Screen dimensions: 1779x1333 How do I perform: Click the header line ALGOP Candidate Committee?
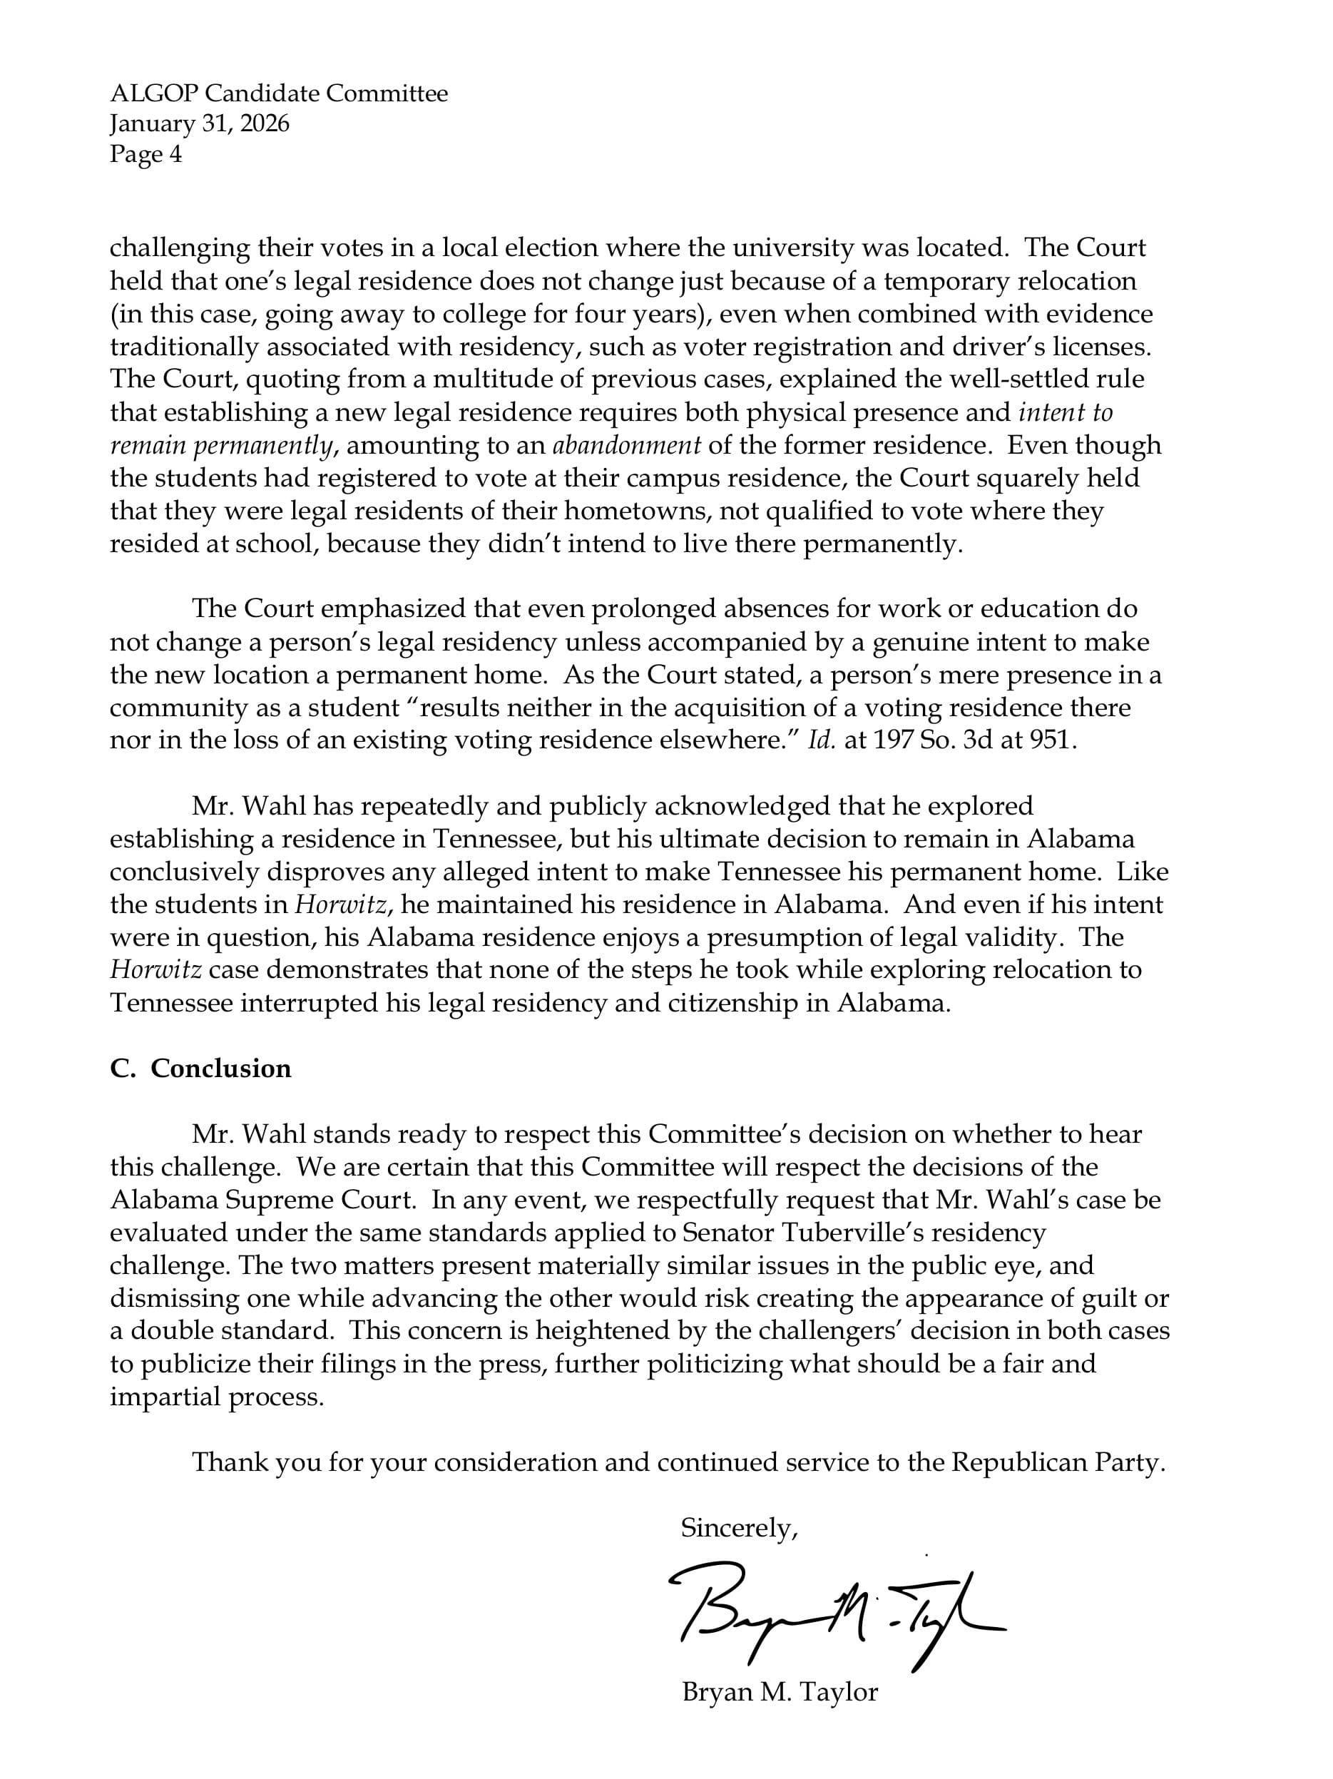(278, 94)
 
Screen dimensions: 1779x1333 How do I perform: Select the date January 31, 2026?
(200, 124)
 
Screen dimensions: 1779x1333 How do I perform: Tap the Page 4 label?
(145, 153)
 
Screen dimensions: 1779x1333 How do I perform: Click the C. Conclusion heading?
(200, 1068)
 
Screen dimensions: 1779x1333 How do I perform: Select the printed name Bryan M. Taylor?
(779, 1692)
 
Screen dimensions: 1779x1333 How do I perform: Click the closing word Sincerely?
(738, 1528)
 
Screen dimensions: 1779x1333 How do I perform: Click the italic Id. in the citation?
(822, 740)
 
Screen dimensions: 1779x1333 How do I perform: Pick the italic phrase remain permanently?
(221, 445)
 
